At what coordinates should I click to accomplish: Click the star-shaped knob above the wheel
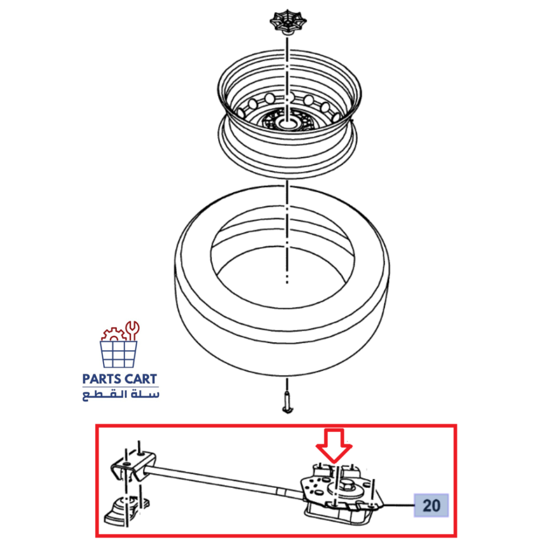pos(288,22)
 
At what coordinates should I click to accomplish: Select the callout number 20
pos(431,505)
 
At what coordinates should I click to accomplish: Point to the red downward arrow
pos(334,445)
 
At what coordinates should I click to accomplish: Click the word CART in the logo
pos(139,379)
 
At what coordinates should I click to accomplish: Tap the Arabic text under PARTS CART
pos(121,395)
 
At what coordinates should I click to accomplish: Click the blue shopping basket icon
pos(119,354)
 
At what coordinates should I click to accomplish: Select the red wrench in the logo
pos(132,330)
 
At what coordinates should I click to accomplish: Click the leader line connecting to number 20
pos(399,505)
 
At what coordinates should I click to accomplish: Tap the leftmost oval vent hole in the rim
pos(241,112)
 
